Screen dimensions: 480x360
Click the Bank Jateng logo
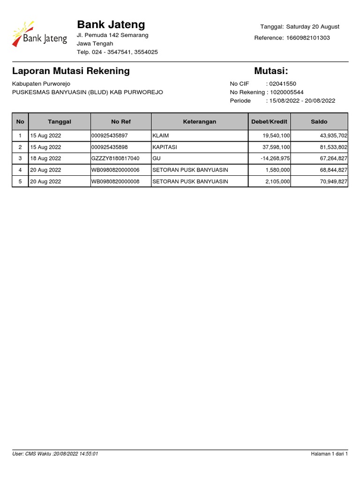[40, 34]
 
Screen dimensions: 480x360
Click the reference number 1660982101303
[307, 37]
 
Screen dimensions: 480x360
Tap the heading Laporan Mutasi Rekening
[71, 71]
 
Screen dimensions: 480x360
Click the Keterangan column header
[199, 121]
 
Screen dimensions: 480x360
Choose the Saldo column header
[319, 121]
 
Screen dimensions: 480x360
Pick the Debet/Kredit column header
[269, 121]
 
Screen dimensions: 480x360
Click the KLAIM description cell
[161, 135]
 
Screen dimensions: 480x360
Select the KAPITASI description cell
[165, 147]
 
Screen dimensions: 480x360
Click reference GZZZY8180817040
[115, 158]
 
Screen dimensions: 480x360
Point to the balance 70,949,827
[333, 181]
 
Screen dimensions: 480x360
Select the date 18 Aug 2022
[46, 158]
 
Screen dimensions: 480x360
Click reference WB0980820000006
[115, 170]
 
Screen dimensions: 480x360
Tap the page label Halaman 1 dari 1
[329, 454]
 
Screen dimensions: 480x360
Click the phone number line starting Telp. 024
[117, 52]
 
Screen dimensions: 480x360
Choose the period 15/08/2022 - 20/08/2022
[302, 101]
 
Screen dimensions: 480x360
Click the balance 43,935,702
[333, 135]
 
